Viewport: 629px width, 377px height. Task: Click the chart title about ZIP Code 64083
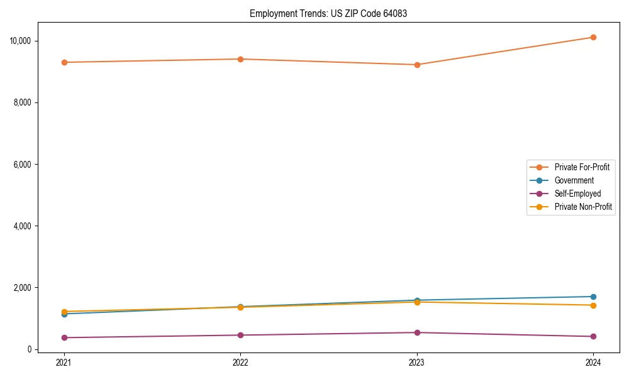coord(328,13)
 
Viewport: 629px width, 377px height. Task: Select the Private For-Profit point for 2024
coord(593,37)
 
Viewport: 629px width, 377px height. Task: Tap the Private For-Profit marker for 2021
coord(64,62)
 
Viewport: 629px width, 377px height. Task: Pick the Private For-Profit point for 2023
coord(416,65)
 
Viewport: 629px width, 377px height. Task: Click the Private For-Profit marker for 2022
coord(240,59)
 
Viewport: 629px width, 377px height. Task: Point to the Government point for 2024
coord(593,297)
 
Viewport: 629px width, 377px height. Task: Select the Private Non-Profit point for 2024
coord(593,305)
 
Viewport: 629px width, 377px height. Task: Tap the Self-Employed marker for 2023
coord(416,332)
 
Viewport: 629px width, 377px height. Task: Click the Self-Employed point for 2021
coord(64,337)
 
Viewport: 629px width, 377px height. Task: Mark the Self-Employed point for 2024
coord(593,336)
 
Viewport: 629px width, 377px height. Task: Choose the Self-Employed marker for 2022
coord(240,335)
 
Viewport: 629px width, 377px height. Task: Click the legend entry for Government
coord(574,180)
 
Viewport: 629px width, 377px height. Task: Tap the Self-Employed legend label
coord(577,194)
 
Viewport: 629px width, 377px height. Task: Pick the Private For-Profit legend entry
coord(582,167)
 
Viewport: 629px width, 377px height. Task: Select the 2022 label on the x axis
coord(240,362)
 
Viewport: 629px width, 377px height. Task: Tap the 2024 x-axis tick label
coord(593,362)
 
